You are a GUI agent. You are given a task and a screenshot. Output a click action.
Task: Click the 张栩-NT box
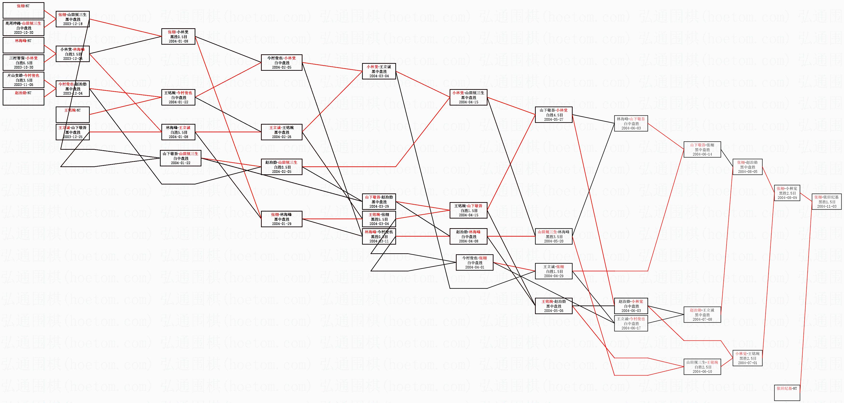[x=23, y=10]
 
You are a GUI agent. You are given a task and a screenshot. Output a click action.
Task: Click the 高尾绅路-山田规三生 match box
[x=23, y=28]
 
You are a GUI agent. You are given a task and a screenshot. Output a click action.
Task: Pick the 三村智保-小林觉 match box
[x=23, y=63]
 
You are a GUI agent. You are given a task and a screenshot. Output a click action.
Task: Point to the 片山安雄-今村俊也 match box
[x=23, y=80]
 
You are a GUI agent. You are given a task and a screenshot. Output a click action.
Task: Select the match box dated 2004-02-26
[x=281, y=132]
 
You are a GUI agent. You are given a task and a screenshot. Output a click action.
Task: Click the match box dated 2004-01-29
[x=281, y=219]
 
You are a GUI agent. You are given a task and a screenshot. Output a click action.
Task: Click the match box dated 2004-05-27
[x=553, y=115]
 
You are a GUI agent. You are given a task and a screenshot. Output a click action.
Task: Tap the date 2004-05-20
[x=553, y=241]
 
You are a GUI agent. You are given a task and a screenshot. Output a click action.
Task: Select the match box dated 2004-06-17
[x=631, y=323]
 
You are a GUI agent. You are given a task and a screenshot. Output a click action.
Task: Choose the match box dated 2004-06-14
[x=702, y=149]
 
